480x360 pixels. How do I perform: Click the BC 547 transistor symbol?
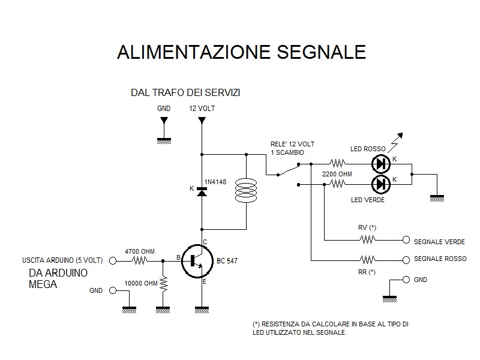click(x=197, y=261)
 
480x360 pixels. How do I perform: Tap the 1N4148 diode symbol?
click(x=202, y=191)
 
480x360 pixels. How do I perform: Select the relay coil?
click(x=246, y=190)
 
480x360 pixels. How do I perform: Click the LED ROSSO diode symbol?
click(x=381, y=163)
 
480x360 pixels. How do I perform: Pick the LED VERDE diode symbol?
click(x=381, y=184)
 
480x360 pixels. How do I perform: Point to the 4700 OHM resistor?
click(x=140, y=261)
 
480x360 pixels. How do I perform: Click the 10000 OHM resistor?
click(x=163, y=283)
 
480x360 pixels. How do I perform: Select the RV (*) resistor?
click(x=367, y=240)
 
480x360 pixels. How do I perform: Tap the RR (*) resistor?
click(x=367, y=260)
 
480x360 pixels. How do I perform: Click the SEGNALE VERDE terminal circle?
click(x=406, y=240)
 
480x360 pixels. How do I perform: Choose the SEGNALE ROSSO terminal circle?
click(x=406, y=260)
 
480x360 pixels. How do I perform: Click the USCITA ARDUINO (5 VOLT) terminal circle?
click(x=113, y=261)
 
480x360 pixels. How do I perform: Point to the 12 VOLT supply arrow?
click(x=202, y=121)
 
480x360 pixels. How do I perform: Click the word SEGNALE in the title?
click(x=321, y=52)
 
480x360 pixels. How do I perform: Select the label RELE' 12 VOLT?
click(x=292, y=144)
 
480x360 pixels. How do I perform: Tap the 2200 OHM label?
click(x=337, y=174)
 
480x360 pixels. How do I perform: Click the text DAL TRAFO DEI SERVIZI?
click(x=185, y=93)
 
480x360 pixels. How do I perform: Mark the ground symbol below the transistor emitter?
click(x=202, y=310)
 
